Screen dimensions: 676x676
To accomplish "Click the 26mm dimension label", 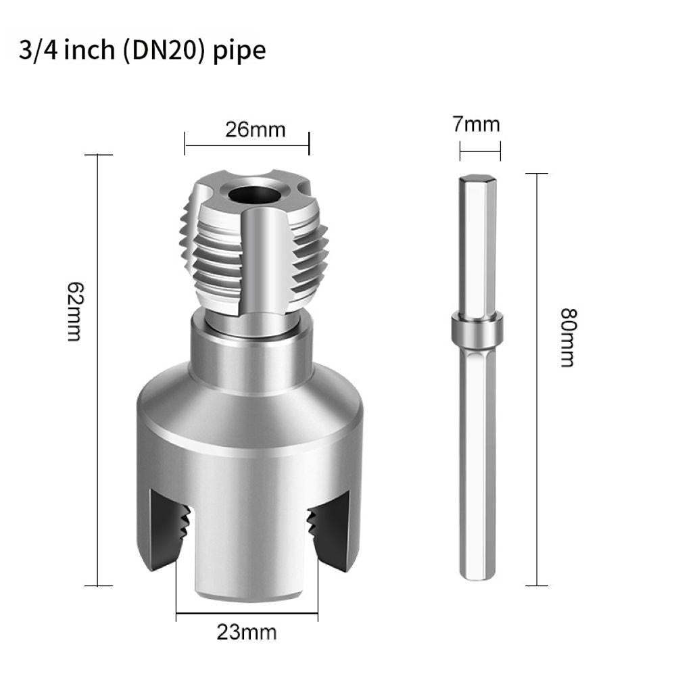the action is [256, 130].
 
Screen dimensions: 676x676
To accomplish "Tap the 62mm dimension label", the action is [75, 312].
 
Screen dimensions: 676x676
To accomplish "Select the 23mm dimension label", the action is [247, 633].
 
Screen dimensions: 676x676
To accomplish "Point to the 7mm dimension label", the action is [477, 124].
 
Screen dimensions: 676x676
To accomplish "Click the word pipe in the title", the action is [239, 51].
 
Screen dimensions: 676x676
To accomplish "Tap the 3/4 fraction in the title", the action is [39, 50].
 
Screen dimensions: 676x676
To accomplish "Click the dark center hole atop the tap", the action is [255, 195].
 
